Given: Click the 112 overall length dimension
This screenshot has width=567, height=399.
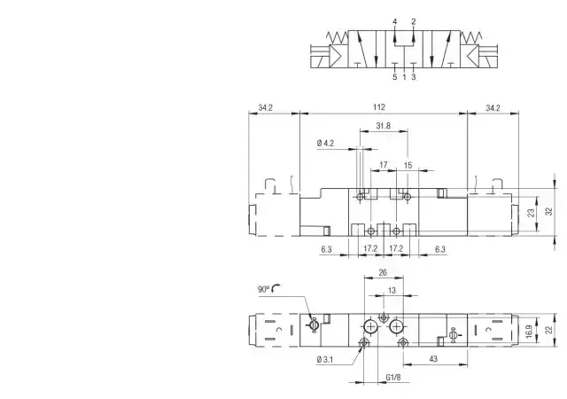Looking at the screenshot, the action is (379, 107).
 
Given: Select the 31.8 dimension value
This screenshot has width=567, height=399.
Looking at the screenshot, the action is (384, 126).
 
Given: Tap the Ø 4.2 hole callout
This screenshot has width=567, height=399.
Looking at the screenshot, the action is (325, 144).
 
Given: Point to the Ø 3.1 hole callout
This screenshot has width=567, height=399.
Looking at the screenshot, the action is (324, 359).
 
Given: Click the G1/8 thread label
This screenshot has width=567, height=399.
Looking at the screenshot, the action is (393, 377).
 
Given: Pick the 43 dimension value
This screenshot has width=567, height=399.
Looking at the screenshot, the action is (433, 359).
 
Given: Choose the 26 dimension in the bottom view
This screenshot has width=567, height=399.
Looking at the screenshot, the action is (383, 272).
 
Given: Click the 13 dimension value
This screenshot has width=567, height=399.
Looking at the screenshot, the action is (392, 290).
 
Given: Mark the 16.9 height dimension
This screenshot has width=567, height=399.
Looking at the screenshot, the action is (529, 332).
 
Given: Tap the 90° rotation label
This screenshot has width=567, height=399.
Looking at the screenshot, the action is (264, 289).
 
